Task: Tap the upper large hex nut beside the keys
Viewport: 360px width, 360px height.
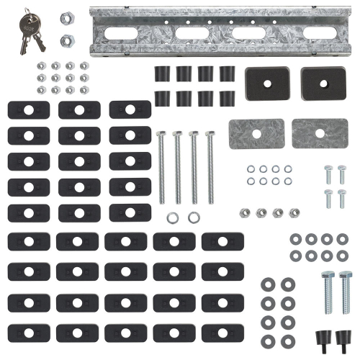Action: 65,17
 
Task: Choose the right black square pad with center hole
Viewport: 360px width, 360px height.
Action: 320,83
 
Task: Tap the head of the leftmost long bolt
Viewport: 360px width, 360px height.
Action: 161,134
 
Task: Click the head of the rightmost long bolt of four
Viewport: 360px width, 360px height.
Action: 210,134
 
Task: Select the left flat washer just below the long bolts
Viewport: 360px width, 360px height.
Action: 173,217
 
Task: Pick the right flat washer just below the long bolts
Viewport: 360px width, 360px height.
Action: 193,217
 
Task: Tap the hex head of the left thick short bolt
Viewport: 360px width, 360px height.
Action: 328,275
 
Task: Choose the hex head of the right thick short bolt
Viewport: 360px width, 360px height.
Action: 346,275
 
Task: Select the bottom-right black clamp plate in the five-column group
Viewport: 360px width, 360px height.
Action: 222,333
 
